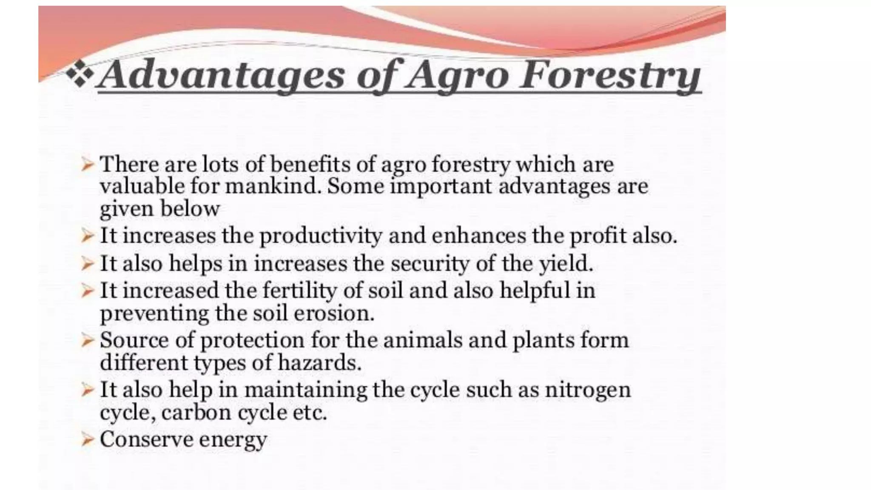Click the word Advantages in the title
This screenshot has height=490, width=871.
click(221, 76)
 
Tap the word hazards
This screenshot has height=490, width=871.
click(319, 363)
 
